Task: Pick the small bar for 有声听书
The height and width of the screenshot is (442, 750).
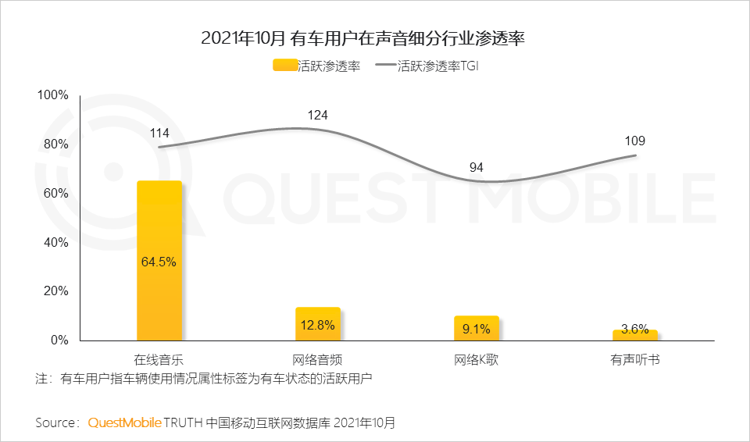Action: pyautogui.click(x=634, y=335)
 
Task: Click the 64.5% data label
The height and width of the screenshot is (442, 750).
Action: pyautogui.click(x=159, y=262)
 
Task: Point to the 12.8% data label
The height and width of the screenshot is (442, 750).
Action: pyautogui.click(x=317, y=325)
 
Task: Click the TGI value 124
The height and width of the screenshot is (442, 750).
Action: pyautogui.click(x=318, y=116)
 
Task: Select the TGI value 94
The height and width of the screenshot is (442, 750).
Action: pyautogui.click(x=476, y=167)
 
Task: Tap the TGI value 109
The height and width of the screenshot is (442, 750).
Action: pyautogui.click(x=634, y=141)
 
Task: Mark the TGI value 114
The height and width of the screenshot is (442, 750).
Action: pyautogui.click(x=159, y=134)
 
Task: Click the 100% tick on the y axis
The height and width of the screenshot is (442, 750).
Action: pyautogui.click(x=54, y=95)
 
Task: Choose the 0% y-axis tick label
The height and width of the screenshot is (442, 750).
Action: pyautogui.click(x=60, y=340)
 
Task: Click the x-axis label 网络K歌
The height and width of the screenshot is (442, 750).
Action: pyautogui.click(x=476, y=360)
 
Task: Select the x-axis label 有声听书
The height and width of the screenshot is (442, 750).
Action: pyautogui.click(x=634, y=360)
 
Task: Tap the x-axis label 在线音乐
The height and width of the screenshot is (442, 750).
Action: pyautogui.click(x=159, y=360)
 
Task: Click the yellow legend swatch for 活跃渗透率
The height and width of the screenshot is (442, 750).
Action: pyautogui.click(x=285, y=66)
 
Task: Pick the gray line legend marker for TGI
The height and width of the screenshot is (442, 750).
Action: pyautogui.click(x=385, y=66)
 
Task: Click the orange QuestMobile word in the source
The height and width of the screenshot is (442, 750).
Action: pyautogui.click(x=124, y=422)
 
